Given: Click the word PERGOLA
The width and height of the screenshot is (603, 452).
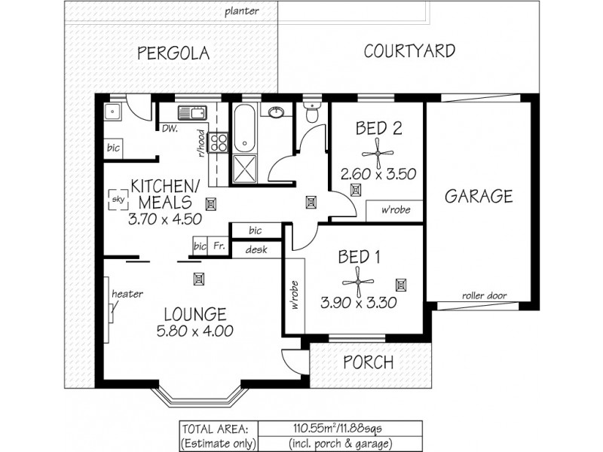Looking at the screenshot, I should coord(173,53).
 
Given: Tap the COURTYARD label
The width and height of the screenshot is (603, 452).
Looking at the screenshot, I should coord(409,51).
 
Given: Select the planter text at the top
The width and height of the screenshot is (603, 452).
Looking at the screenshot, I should coord(242,11).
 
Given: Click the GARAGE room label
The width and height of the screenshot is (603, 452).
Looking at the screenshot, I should coord(478,197).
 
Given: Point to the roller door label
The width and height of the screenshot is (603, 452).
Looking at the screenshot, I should coord(484,296).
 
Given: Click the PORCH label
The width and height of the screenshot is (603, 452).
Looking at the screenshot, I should coord(368,362).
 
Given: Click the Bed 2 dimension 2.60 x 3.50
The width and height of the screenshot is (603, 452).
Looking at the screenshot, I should coord(378,174).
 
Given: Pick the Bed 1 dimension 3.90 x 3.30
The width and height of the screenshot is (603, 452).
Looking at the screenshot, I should coord(358,304).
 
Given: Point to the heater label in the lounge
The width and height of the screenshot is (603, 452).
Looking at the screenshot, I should coord(127,294).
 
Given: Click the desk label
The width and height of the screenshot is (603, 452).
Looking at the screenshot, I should coord(250,249).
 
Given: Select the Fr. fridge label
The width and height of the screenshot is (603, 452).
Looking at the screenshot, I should coord(218,246).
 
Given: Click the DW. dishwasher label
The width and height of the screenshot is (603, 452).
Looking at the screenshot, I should coord(170,129).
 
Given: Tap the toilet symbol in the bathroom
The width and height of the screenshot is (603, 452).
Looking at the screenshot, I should coord(311,114).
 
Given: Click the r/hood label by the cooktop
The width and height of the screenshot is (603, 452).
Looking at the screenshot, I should coord(202,143).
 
